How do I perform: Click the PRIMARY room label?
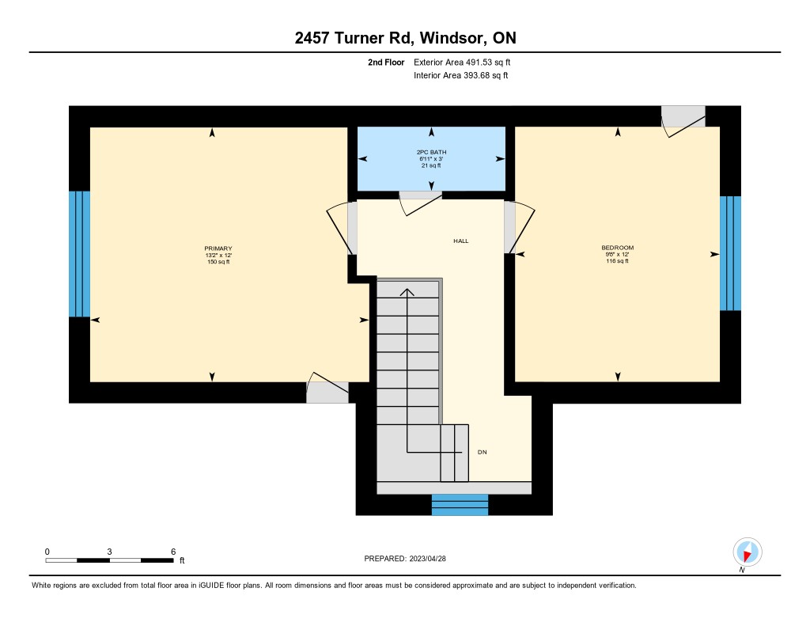tap(218, 249)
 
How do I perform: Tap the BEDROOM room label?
tap(617, 248)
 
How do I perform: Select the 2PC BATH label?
tap(431, 152)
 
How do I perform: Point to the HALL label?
tap(461, 241)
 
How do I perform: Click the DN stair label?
tap(482, 453)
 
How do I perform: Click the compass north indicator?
tap(747, 552)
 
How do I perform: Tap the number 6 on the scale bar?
tap(173, 552)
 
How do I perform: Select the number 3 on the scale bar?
tap(109, 552)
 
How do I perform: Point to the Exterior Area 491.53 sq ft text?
tap(462, 62)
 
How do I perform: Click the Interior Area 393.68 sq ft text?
tap(461, 75)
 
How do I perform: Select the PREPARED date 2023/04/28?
tap(427, 558)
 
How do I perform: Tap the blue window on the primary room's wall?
tap(80, 254)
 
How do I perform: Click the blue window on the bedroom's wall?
tap(730, 253)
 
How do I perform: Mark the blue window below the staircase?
tap(460, 505)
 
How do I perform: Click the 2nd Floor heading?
tap(386, 63)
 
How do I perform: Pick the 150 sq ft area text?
tap(218, 262)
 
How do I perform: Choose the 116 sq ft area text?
tap(617, 261)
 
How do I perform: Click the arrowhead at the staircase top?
tap(407, 292)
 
